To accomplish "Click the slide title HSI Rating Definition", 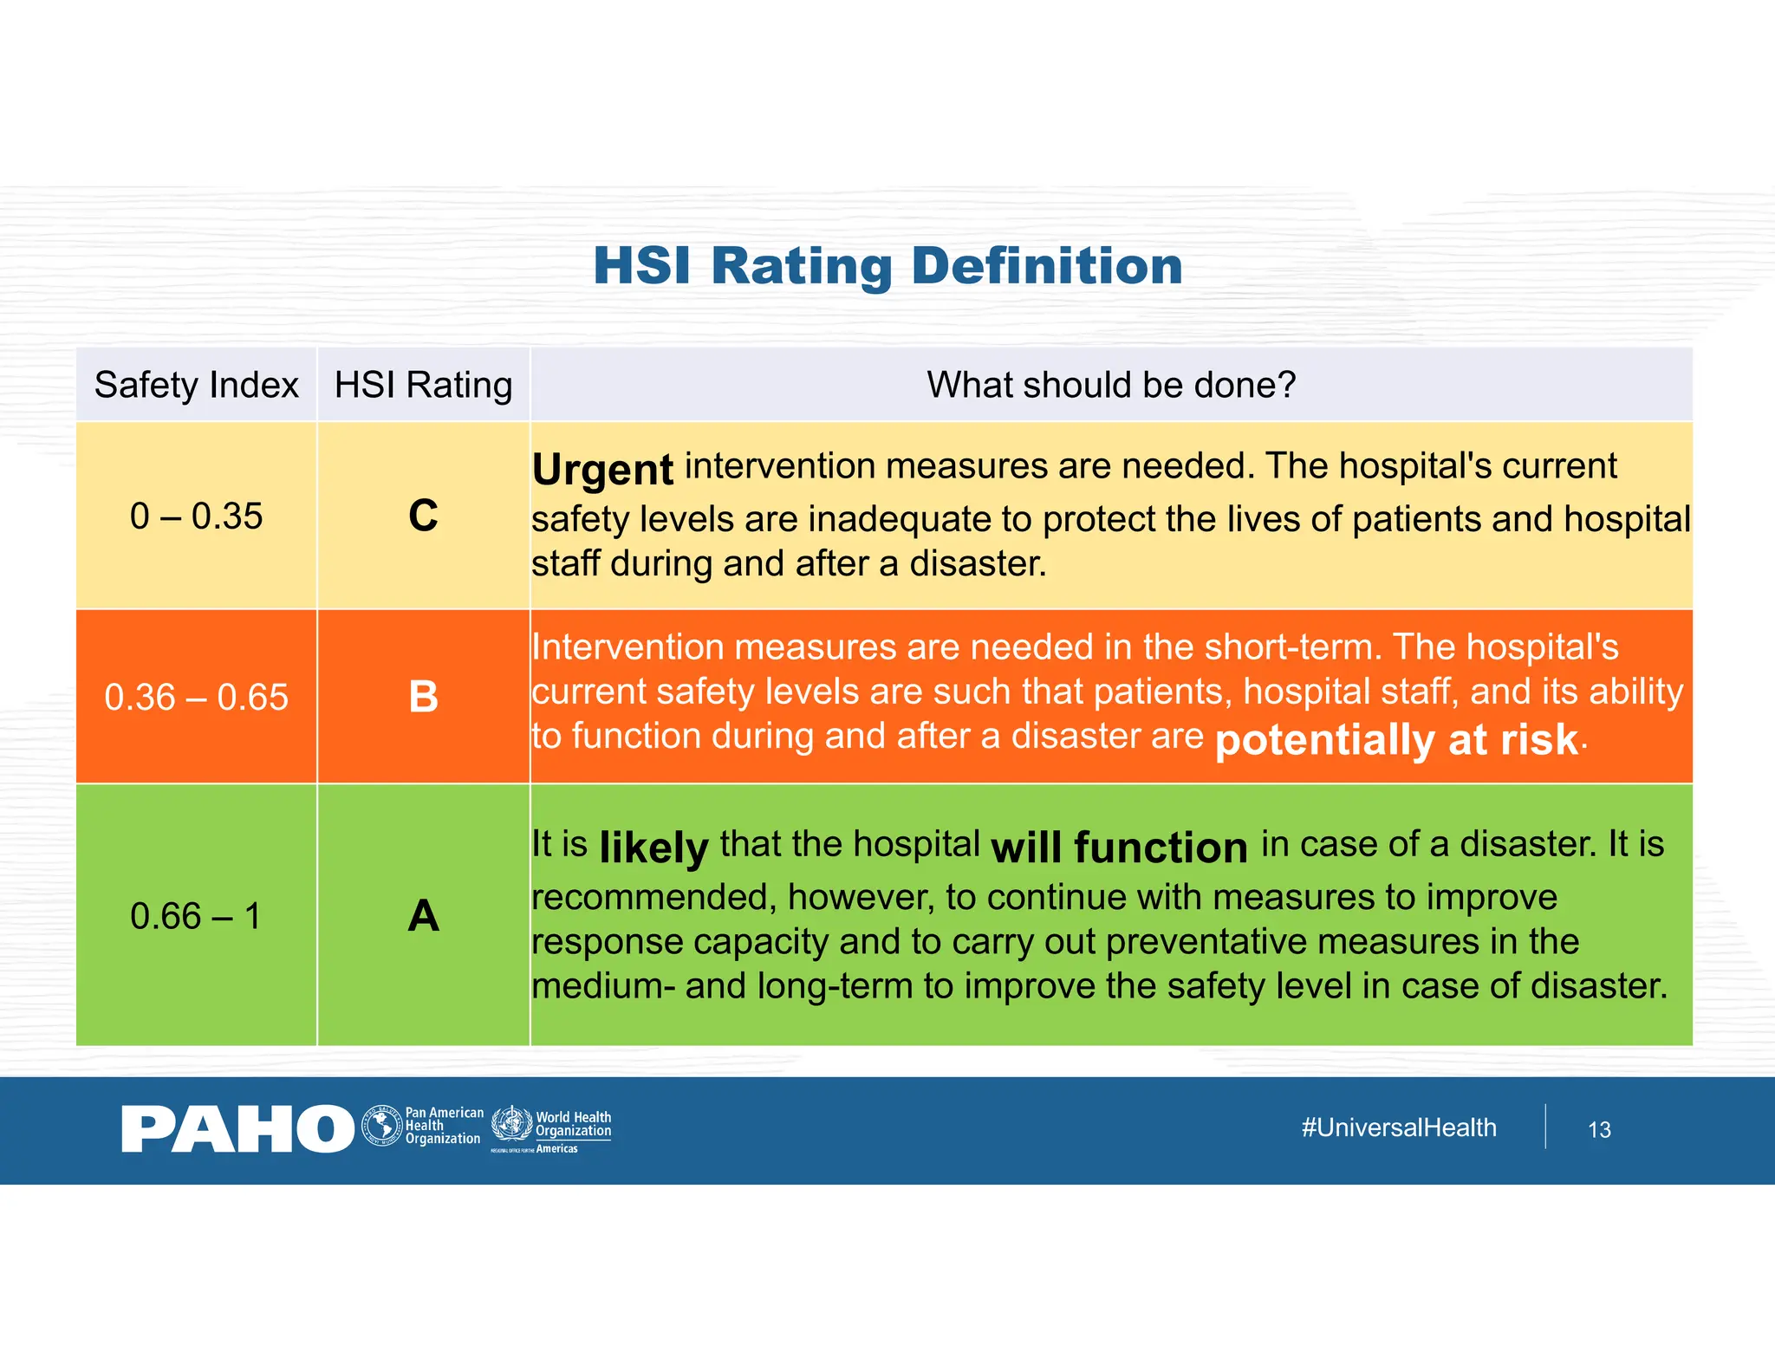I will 887,265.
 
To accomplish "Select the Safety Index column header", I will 196,385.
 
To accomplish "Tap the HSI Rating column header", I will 423,385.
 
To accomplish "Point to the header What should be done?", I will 1111,385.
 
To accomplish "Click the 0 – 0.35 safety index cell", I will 196,517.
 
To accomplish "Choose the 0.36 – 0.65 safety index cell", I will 196,698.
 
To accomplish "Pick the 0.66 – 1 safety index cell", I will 196,916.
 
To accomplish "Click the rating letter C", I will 423,516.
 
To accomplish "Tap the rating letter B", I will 423,697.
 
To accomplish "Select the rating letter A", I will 423,916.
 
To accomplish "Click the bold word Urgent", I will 602,470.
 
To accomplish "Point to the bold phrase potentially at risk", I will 1397,740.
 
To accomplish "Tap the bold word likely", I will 653,848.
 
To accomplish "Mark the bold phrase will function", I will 1119,848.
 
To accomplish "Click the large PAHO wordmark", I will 237,1129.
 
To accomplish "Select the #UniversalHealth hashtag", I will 1399,1127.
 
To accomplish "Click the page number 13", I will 1599,1130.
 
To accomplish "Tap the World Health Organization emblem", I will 512,1124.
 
